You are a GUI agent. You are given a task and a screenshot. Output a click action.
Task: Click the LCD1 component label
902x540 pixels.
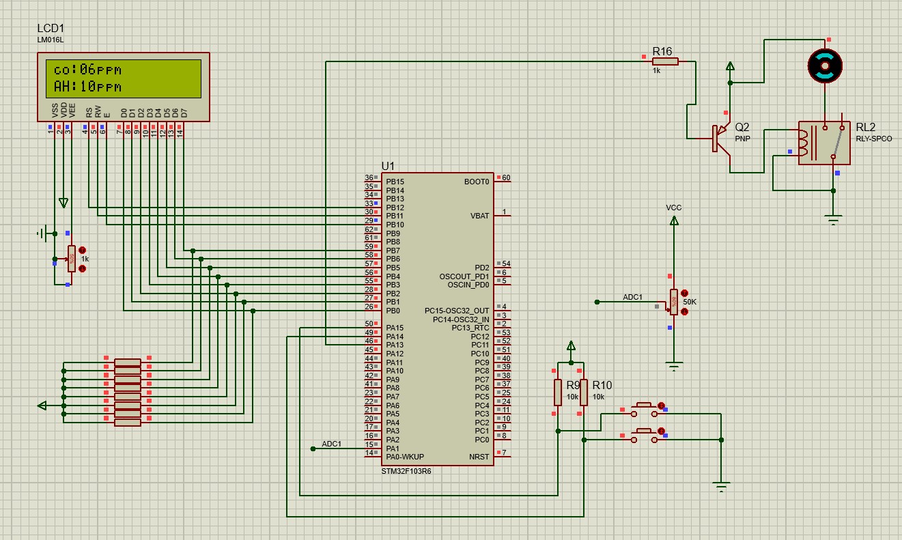(x=51, y=29)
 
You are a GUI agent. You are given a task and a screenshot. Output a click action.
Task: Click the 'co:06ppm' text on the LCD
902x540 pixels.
(x=87, y=70)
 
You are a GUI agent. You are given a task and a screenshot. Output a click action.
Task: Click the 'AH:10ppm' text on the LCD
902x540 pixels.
(x=87, y=87)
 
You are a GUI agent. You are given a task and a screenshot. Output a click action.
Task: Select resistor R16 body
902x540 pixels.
(x=664, y=61)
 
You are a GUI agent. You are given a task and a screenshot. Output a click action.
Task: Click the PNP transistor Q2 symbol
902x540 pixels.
(x=719, y=137)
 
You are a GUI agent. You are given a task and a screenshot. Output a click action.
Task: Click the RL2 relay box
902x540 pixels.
(x=824, y=143)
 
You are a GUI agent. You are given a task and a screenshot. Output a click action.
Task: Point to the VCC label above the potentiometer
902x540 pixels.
(x=674, y=208)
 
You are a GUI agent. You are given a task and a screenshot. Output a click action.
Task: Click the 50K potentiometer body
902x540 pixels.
(x=674, y=302)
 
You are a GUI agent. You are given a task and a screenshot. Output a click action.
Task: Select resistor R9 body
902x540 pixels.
(x=558, y=393)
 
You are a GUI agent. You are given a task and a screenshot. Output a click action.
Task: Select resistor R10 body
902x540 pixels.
(x=584, y=393)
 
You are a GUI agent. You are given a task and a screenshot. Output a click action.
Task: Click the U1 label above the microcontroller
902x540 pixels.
(x=388, y=166)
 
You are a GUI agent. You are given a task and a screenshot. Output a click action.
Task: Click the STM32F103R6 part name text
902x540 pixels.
(x=406, y=471)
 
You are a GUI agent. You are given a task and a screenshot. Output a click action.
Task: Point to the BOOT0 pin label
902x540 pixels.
(x=477, y=182)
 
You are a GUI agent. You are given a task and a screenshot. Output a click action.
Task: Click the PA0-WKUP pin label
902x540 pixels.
(x=405, y=457)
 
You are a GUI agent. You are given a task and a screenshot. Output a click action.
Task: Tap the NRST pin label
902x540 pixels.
(x=479, y=457)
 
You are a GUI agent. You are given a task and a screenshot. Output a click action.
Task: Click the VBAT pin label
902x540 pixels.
(x=479, y=216)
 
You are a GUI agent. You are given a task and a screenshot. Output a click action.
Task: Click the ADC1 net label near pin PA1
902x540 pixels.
(x=331, y=444)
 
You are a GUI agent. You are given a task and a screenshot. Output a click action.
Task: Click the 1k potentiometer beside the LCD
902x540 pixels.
(x=71, y=259)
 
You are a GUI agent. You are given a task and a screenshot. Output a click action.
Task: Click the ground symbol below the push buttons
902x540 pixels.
(x=721, y=487)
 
